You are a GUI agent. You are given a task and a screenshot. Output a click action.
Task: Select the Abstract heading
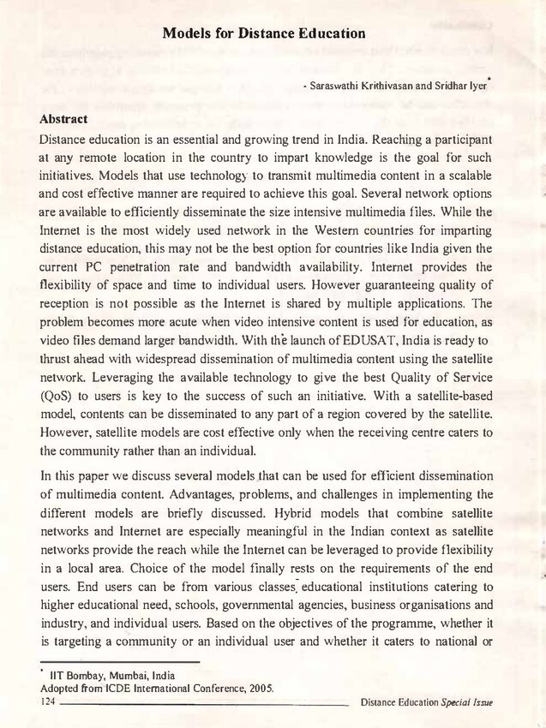click(x=70, y=118)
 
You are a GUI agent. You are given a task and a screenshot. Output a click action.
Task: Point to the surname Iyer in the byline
click(x=474, y=87)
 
